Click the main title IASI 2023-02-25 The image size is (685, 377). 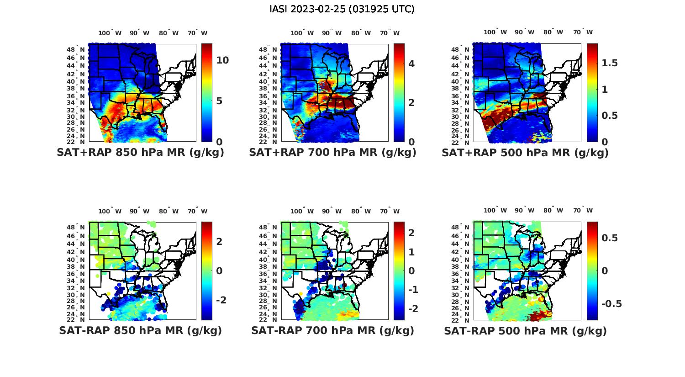[342, 9]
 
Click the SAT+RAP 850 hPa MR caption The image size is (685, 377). [140, 153]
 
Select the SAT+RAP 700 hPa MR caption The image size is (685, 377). [332, 153]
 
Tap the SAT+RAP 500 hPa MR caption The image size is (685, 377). [525, 153]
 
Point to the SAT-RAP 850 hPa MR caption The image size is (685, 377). [140, 330]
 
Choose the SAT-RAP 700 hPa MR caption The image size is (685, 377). [332, 330]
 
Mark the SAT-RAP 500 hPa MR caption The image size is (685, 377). [525, 330]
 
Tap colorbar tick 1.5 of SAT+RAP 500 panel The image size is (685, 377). [610, 63]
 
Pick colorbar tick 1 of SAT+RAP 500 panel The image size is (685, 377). [605, 89]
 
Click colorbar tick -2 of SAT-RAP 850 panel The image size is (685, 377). [221, 300]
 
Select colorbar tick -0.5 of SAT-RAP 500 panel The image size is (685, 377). [611, 304]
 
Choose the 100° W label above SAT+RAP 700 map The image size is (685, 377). [302, 33]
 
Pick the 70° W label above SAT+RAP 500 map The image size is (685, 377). [583, 32]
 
